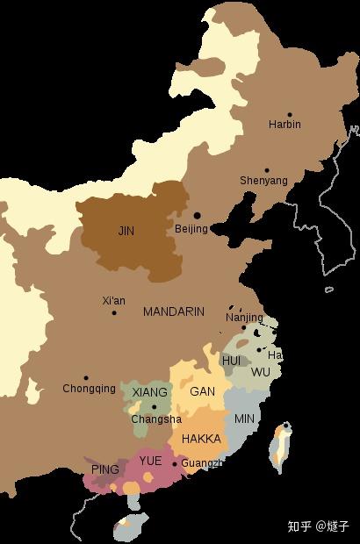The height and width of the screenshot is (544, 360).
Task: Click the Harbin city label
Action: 284,125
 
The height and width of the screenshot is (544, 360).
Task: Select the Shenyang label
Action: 263,181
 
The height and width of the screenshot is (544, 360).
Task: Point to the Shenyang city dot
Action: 268,170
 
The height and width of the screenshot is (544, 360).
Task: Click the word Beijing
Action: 191,229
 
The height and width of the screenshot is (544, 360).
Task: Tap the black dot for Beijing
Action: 198,215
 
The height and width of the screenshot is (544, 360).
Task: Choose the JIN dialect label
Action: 126,232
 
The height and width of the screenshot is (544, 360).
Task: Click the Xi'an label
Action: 113,301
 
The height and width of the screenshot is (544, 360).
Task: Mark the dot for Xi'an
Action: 113,313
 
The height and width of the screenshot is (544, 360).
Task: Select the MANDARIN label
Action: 174,311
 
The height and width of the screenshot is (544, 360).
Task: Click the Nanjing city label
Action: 244,318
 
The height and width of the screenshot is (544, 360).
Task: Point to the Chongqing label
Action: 89,389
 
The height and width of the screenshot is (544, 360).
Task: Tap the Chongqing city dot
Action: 85,378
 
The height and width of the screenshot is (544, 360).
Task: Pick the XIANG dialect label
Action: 150,392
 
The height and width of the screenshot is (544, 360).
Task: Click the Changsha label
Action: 156,419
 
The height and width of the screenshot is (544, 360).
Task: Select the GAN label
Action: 202,392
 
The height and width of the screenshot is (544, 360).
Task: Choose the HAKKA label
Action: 201,439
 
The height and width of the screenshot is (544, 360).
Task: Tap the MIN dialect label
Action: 244,419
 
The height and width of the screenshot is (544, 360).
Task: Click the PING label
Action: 104,470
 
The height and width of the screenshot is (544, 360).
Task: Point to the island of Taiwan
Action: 280,447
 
